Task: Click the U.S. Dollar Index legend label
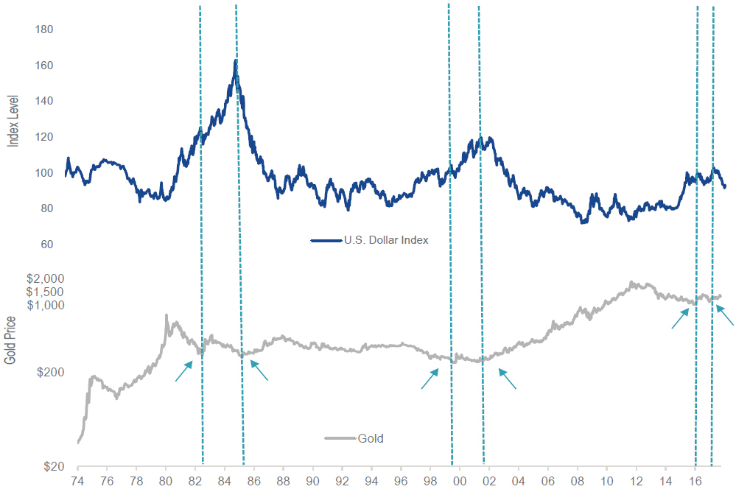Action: click(385, 240)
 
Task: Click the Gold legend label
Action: click(371, 438)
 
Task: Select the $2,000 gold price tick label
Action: click(45, 279)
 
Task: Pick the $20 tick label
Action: click(53, 467)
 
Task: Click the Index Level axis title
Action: click(13, 119)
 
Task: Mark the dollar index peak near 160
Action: click(235, 61)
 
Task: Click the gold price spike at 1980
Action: click(167, 315)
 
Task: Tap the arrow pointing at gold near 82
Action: click(183, 371)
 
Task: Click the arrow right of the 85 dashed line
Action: click(259, 370)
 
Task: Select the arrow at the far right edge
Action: click(725, 315)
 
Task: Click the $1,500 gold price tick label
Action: click(45, 292)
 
